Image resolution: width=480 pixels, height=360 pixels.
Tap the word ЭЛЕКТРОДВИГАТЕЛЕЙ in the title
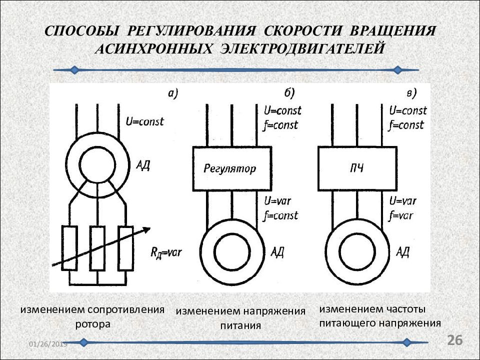302,49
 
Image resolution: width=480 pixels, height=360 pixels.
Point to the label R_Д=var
166,252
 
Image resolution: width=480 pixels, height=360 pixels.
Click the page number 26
455,340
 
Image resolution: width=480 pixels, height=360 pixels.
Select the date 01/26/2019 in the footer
48,344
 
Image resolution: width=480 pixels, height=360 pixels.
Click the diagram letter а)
173,93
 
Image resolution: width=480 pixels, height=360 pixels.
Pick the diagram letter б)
289,93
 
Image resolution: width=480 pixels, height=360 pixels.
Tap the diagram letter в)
411,93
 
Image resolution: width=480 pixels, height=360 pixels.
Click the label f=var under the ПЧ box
401,216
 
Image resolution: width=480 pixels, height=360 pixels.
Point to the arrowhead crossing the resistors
147,229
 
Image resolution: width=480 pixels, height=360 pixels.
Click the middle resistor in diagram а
97,248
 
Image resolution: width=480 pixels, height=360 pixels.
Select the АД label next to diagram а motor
143,165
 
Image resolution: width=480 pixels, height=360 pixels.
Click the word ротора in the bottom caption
93,324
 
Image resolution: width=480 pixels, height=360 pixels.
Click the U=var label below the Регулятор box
277,201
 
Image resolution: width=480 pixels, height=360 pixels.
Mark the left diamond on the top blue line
74,70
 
